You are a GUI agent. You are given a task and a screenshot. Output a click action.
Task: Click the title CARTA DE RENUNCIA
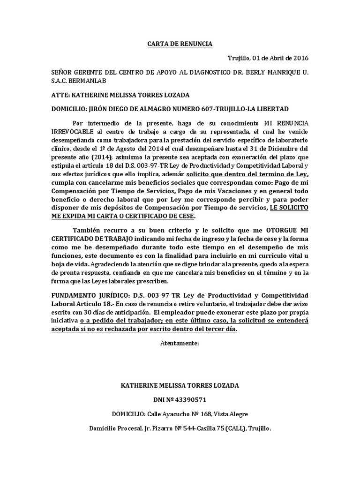(x=180, y=44)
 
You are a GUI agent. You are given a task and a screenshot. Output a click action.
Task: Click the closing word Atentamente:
(x=180, y=343)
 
